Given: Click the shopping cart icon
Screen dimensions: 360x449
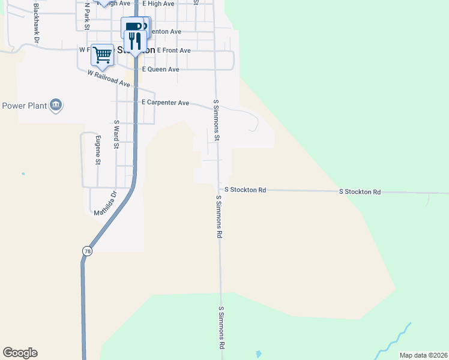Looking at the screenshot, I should pyautogui.click(x=103, y=55).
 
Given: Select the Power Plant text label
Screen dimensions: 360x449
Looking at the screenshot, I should pyautogui.click(x=25, y=106).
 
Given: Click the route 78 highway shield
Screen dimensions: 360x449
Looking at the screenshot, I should pyautogui.click(x=88, y=252).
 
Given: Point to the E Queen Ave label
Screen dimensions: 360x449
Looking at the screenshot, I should pyautogui.click(x=160, y=70).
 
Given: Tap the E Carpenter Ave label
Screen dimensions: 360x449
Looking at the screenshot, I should pyautogui.click(x=165, y=103).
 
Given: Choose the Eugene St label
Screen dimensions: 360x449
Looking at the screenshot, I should pyautogui.click(x=98, y=150).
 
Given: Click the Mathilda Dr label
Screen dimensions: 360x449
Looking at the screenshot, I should pyautogui.click(x=106, y=203).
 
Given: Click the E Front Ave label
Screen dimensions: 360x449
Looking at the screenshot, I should pyautogui.click(x=173, y=51).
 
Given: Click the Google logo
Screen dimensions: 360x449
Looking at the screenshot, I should pyautogui.click(x=20, y=353).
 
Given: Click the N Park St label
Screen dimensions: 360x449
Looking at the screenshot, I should pyautogui.click(x=87, y=16).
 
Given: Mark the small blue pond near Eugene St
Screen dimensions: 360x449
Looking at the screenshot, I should pyautogui.click(x=23, y=174).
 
